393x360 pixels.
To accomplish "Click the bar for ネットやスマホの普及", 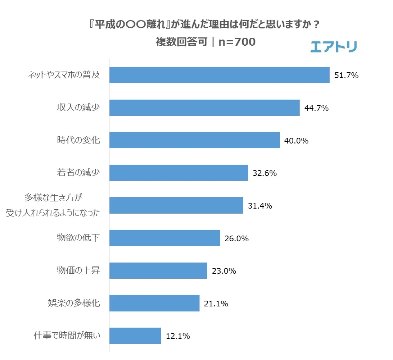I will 219,75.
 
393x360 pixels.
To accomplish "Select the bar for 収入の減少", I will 204,108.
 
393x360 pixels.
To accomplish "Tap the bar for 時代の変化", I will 194,140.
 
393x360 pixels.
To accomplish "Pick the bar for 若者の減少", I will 179,173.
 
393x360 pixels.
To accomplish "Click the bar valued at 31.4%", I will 176,205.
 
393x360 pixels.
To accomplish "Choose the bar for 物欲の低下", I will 164,238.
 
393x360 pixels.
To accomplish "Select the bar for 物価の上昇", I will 158,270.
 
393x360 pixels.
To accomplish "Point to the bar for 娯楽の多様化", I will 154,303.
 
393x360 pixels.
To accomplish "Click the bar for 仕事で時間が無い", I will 135,336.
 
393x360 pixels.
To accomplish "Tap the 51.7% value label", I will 347,76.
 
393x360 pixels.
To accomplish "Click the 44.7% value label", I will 317,108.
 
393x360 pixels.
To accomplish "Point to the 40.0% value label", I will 297,141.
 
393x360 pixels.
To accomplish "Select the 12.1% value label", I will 178,336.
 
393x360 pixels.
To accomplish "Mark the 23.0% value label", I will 224,271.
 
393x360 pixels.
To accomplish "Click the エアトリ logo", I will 333,47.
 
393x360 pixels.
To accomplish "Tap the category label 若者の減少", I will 78,173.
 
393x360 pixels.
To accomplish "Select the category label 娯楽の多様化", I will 74,303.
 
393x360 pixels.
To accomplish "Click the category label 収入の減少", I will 78,108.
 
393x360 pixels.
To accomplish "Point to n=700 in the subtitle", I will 237,42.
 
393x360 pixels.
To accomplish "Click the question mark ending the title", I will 317,26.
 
